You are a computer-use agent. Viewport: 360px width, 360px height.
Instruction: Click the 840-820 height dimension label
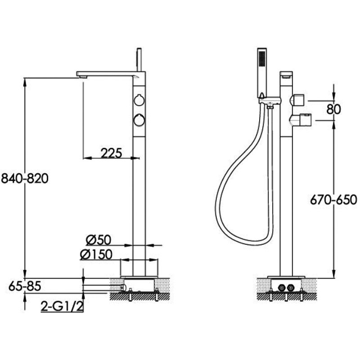(x=25, y=178)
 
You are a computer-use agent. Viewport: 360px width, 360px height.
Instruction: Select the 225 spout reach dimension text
(x=111, y=153)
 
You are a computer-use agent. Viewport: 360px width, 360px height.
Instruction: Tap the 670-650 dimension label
(x=333, y=198)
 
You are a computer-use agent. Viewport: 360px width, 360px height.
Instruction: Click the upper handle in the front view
(x=298, y=99)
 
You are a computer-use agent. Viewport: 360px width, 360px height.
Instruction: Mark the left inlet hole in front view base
(x=282, y=287)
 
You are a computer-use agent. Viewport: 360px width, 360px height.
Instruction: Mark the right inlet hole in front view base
(x=292, y=287)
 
